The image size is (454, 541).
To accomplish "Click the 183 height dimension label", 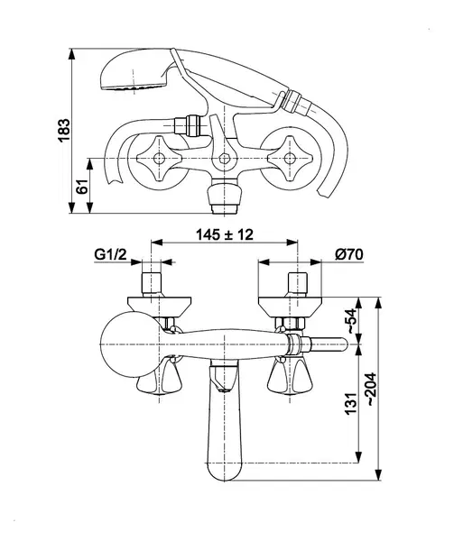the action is pos(64,130).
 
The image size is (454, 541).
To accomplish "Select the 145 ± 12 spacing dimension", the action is pos(225,234).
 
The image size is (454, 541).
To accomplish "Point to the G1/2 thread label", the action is pos(110,254).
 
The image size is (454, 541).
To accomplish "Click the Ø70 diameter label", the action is pos(349,254).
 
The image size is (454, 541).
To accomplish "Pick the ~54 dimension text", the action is pos(352,320).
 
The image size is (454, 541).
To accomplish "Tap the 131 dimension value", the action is pos(351,403).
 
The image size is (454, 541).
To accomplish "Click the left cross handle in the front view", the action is pos(159,159).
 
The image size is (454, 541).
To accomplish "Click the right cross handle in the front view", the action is pos(290,159).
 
